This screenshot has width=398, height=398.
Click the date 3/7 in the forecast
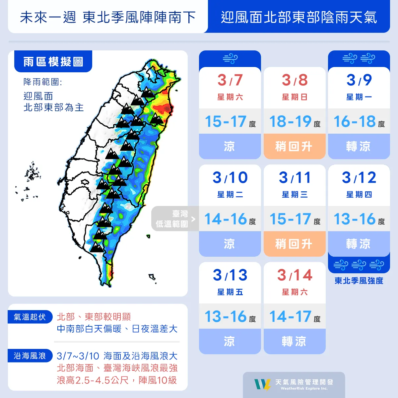click(x=230, y=80)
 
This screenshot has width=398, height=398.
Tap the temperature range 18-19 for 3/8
click(x=290, y=121)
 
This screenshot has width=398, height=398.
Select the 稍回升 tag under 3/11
click(x=294, y=244)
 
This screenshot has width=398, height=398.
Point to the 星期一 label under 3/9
click(x=359, y=97)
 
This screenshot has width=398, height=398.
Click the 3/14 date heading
click(x=295, y=275)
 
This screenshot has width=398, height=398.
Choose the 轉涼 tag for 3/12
click(x=359, y=244)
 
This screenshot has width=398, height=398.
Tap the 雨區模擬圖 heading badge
click(x=53, y=62)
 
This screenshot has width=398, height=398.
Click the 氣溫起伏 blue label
click(x=30, y=317)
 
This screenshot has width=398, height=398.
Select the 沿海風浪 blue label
click(x=30, y=356)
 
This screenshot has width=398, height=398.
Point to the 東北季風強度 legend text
click(x=359, y=281)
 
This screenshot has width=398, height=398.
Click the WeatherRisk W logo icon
click(x=262, y=385)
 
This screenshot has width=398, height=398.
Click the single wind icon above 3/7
click(x=230, y=59)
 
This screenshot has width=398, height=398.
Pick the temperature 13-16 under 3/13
click(x=226, y=316)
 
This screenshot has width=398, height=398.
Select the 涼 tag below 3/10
click(x=230, y=244)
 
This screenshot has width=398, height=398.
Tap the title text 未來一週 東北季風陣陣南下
click(x=108, y=17)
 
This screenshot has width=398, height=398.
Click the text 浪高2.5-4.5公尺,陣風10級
click(x=117, y=380)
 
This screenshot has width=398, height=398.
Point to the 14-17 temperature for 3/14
click(x=290, y=316)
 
